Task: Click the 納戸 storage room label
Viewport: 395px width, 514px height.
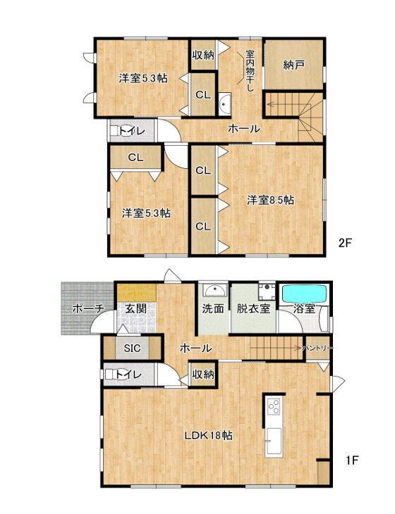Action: (x=293, y=65)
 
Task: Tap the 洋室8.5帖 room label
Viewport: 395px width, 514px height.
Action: (x=270, y=200)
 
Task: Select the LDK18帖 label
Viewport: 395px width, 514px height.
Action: (x=209, y=435)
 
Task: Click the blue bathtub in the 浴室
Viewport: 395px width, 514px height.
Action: (x=305, y=294)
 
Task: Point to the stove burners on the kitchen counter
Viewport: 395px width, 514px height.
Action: (x=274, y=407)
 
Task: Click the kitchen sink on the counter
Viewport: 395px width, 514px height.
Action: (x=274, y=441)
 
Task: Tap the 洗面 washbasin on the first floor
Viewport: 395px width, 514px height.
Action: (x=214, y=290)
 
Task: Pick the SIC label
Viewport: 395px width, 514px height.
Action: (x=132, y=348)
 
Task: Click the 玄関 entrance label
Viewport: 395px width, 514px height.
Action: (x=135, y=308)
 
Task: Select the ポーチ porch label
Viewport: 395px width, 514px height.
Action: (x=88, y=308)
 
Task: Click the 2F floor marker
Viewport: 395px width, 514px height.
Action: (x=345, y=243)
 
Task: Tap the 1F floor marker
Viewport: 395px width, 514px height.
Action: (x=352, y=460)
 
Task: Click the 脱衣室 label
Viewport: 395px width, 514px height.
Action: (x=253, y=308)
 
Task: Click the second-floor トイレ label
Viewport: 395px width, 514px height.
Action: (x=132, y=131)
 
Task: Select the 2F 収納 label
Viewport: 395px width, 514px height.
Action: (x=203, y=55)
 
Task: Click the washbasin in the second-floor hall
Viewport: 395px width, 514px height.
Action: (x=225, y=104)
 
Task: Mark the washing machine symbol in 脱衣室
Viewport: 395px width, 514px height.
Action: (x=267, y=291)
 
